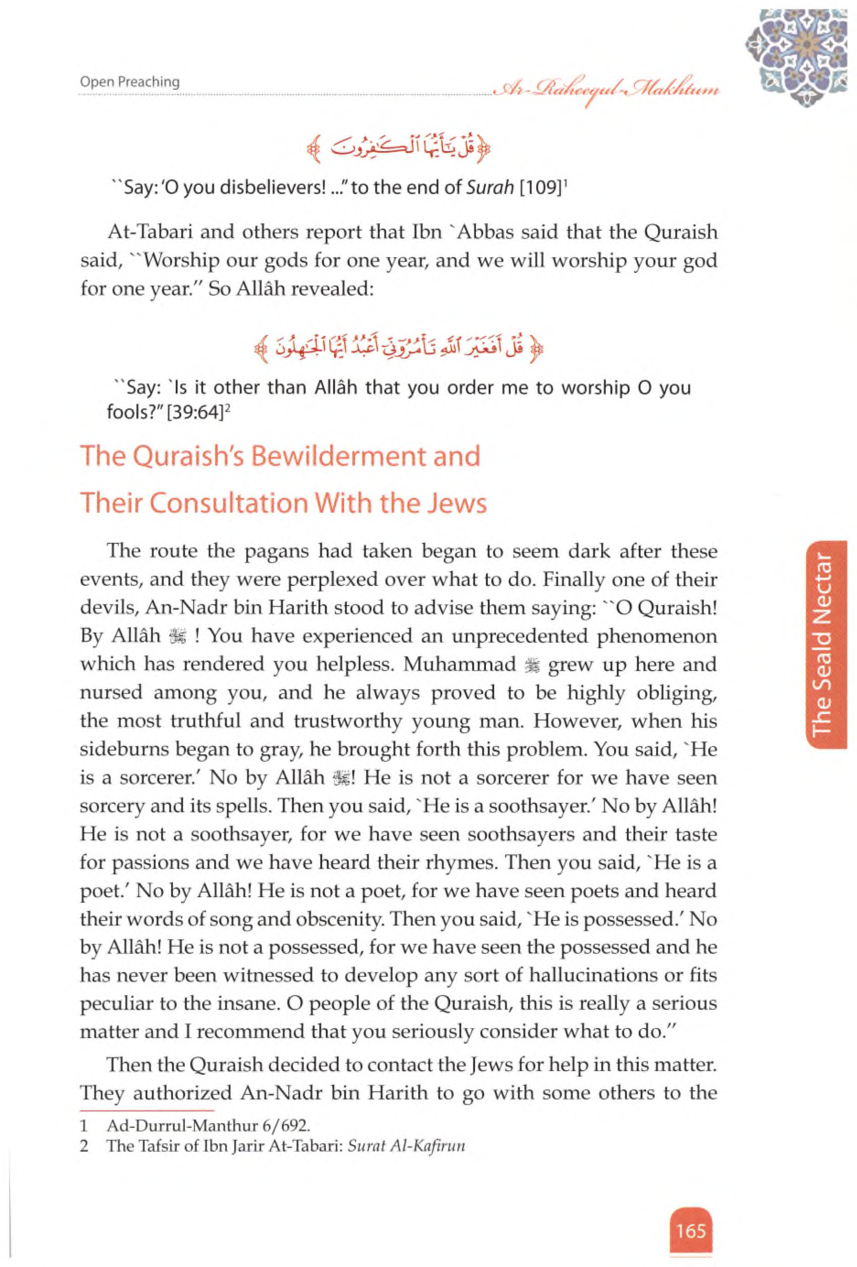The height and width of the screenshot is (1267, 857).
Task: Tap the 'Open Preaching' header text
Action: point(129,82)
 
